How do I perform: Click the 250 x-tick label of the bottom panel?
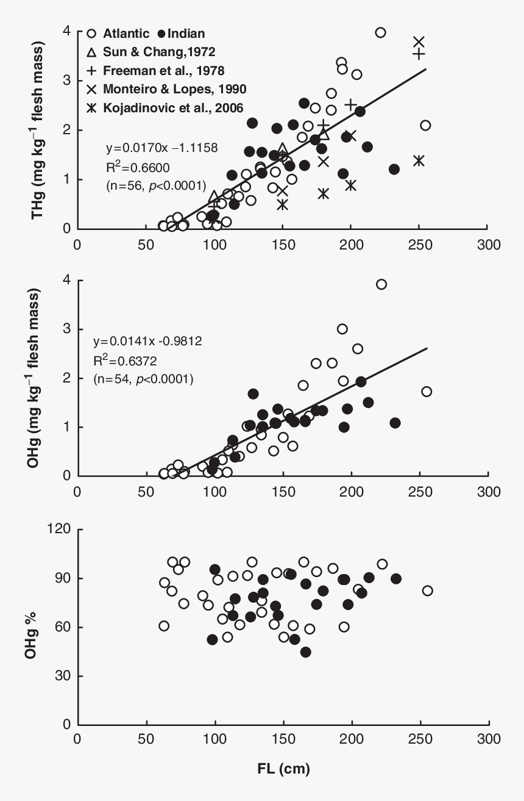[x=419, y=738]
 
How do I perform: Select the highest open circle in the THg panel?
[x=380, y=32]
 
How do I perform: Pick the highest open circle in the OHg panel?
[x=381, y=284]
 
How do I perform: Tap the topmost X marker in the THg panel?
[x=419, y=42]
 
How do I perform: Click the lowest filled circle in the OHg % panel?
[x=306, y=652]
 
